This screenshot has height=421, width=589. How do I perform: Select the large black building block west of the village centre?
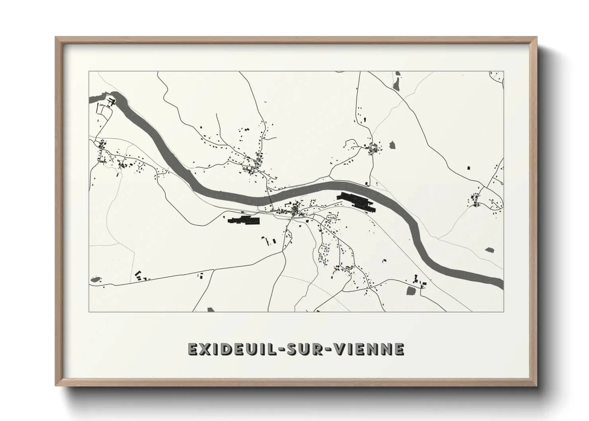pos(243,220)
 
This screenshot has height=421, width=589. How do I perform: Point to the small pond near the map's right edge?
pos(490,250)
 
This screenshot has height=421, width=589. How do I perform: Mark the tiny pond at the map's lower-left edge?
pos(95,280)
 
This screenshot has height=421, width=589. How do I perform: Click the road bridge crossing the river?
pos(271,198)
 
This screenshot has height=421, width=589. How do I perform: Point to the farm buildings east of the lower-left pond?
pos(140,276)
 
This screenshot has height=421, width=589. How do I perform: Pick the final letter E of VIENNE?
pos(400,349)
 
